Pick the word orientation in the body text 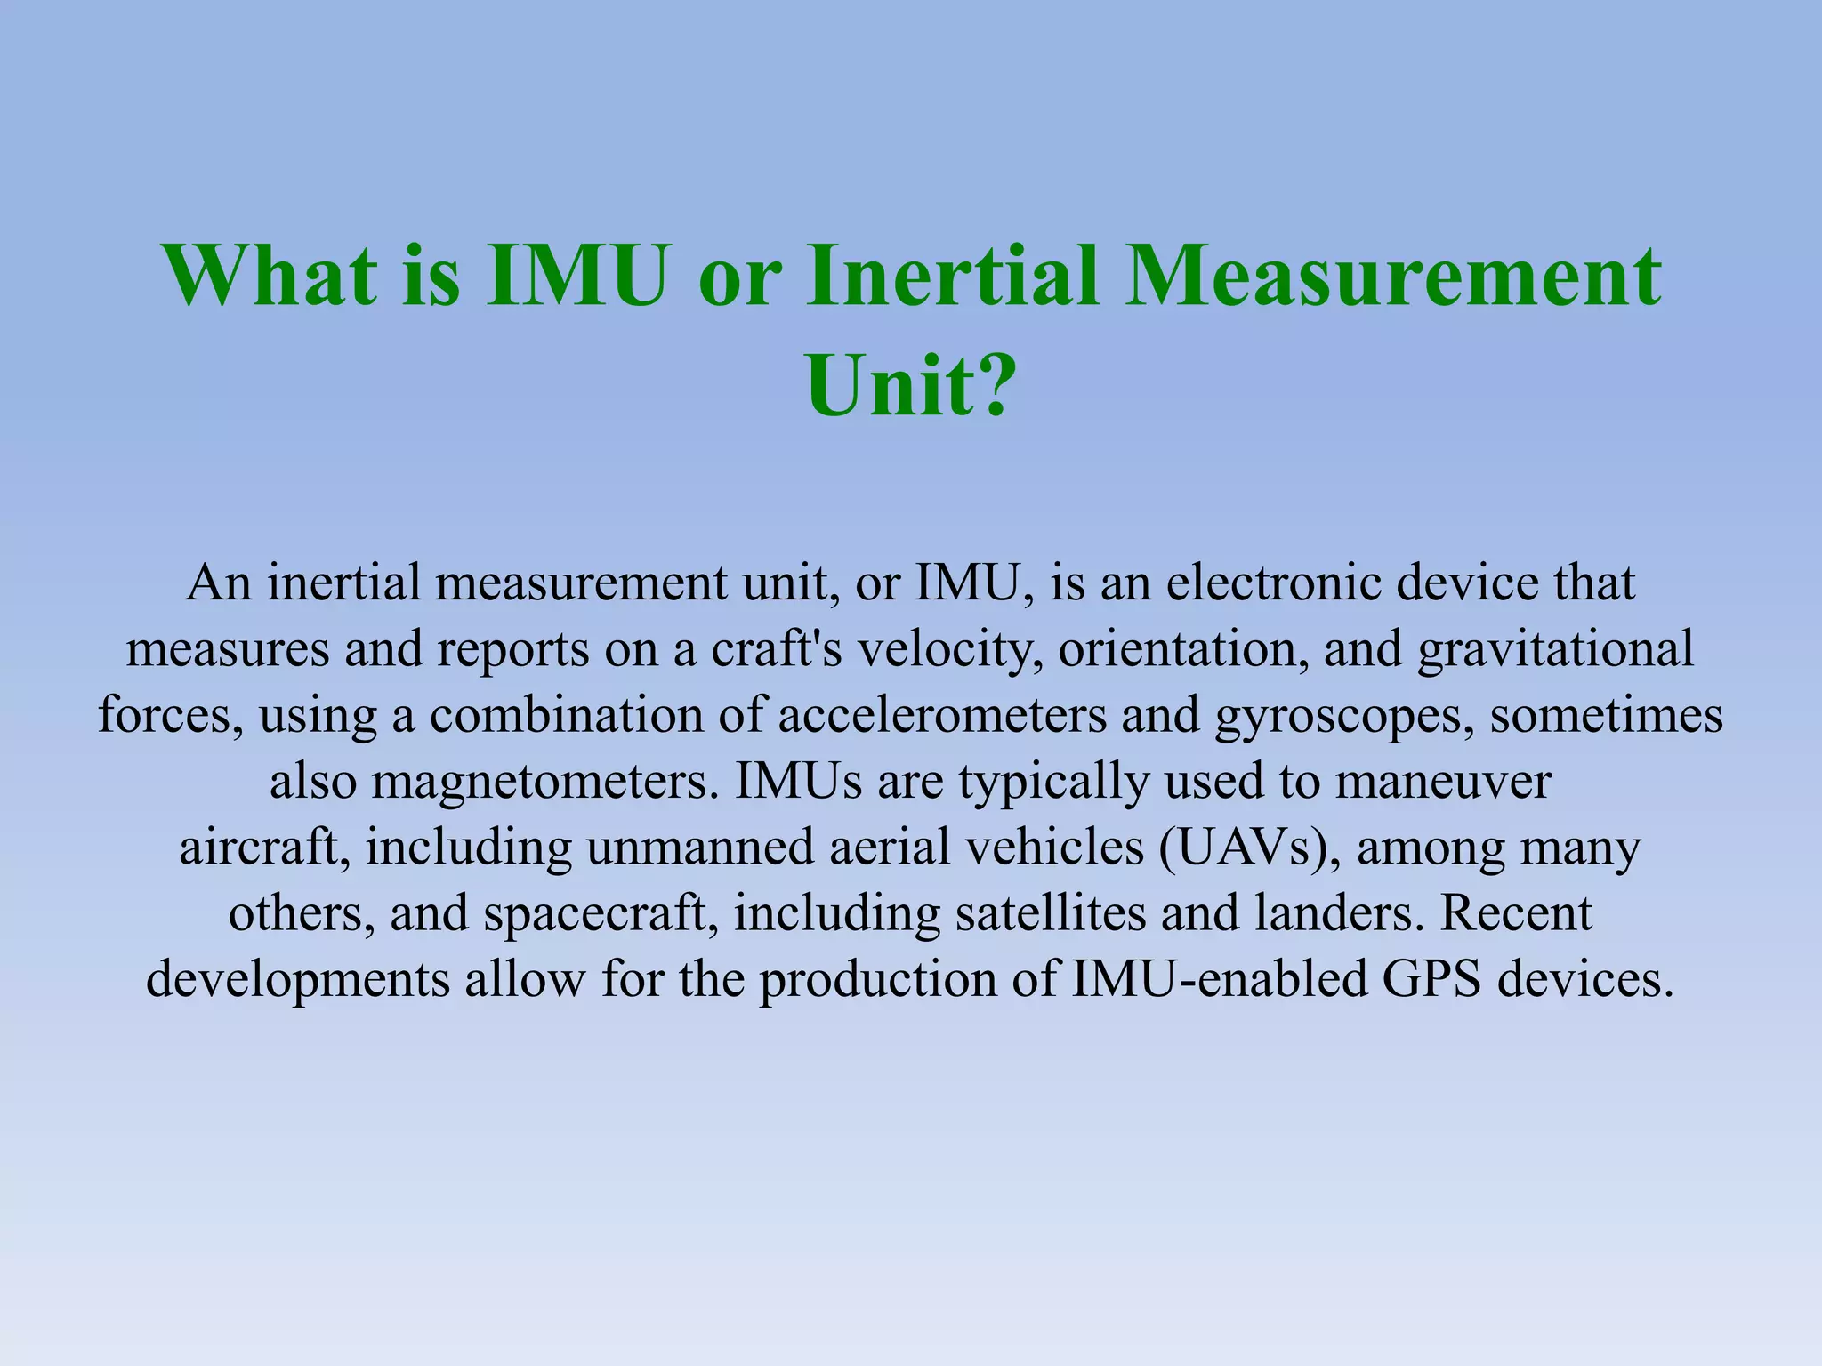[1182, 650]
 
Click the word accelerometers [942, 716]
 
